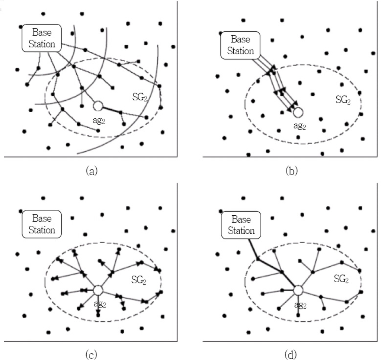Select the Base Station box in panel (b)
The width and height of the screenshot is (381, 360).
point(240,45)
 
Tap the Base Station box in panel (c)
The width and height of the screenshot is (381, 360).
point(42,224)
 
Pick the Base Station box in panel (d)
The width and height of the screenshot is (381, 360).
point(240,224)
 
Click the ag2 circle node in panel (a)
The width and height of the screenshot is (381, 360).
point(97,106)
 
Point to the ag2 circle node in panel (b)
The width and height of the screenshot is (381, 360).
point(298,112)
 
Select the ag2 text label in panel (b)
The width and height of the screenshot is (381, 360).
point(300,126)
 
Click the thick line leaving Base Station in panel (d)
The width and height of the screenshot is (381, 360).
point(253,250)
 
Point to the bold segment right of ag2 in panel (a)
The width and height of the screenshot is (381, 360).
point(111,109)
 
